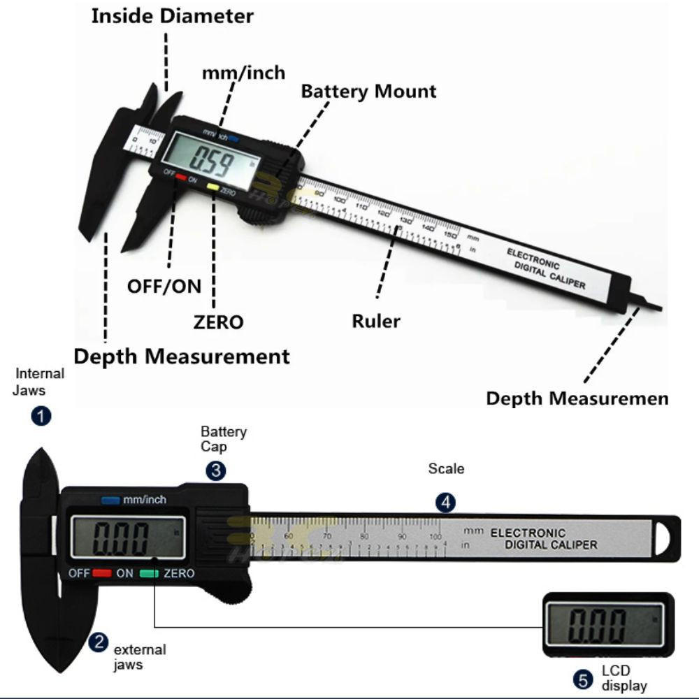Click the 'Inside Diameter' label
(172, 16)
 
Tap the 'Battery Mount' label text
(368, 92)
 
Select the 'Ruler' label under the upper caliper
(376, 322)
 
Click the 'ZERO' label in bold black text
(218, 322)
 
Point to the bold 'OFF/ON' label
(164, 286)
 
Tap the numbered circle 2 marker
(99, 642)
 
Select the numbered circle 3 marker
(215, 470)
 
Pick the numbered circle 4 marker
(445, 502)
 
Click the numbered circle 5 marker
(582, 679)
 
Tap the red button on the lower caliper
(102, 574)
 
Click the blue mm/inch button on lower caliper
(110, 500)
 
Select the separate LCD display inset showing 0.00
(608, 625)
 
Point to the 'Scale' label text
(446, 468)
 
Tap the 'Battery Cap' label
(224, 440)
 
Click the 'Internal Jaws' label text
(39, 381)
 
